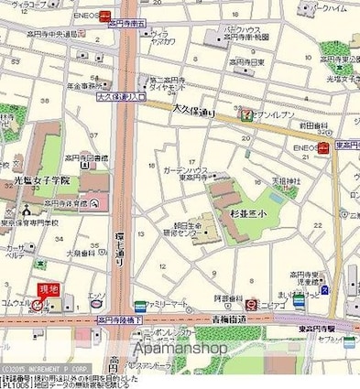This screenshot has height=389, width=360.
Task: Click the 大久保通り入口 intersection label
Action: click(x=121, y=95)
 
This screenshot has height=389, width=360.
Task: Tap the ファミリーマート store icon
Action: click(x=139, y=306)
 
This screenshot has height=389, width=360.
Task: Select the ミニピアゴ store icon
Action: click(x=252, y=303)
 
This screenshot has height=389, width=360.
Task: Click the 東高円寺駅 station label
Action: click(x=318, y=330)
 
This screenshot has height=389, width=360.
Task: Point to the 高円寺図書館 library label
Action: click(x=89, y=157)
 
